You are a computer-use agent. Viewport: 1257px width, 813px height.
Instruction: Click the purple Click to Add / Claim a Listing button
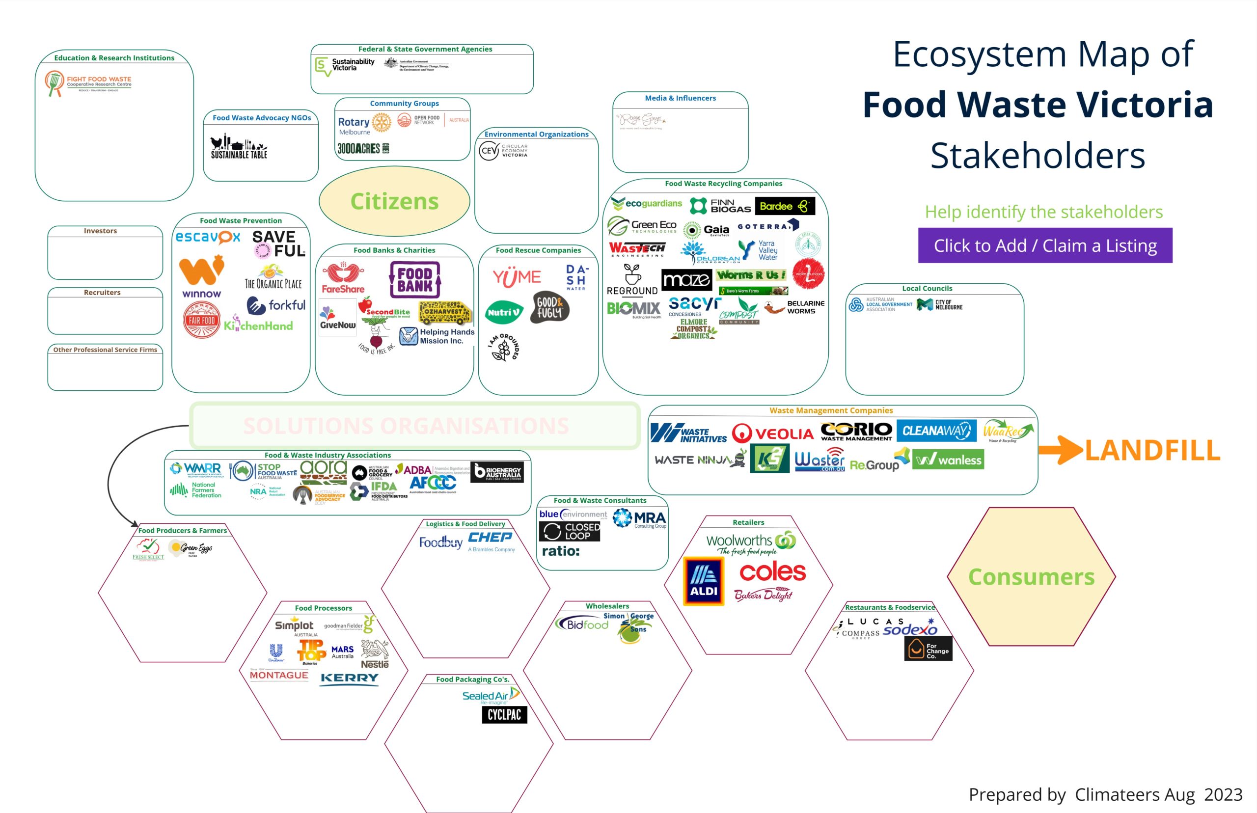1045,245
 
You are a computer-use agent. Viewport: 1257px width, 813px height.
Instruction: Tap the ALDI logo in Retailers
704,581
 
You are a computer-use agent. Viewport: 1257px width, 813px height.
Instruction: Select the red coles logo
772,571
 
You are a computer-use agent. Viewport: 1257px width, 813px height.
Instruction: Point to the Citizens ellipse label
394,201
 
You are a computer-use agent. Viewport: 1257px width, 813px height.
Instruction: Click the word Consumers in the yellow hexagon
1031,576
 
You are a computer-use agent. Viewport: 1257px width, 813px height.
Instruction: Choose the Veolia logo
773,434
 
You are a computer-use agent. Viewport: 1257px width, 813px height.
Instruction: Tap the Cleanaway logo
936,431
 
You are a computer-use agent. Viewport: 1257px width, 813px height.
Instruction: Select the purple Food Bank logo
415,280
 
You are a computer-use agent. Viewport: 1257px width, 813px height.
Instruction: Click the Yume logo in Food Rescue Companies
517,277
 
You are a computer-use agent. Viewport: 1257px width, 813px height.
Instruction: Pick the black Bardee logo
785,206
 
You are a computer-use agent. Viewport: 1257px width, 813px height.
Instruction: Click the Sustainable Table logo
239,147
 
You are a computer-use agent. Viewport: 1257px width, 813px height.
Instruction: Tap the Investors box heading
100,231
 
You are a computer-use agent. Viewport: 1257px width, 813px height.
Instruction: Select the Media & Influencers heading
680,98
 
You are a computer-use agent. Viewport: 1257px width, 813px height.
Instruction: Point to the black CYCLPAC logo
504,715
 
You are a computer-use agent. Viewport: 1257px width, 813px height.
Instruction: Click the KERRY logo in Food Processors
350,678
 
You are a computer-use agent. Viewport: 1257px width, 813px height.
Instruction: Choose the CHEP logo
491,538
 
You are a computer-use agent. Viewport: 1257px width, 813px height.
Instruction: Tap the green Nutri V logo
504,313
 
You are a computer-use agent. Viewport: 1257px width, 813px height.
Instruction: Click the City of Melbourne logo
940,304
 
